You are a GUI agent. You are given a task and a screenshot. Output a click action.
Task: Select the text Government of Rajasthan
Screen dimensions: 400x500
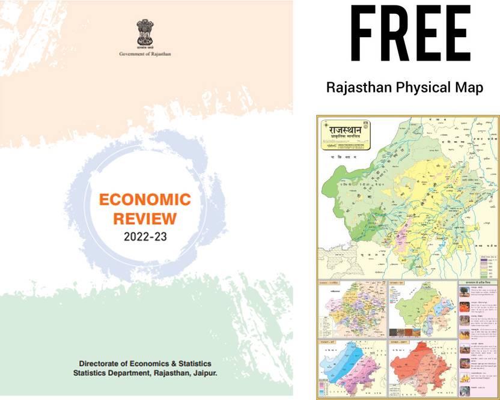tap(145, 54)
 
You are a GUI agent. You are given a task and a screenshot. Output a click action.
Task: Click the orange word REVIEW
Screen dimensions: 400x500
tap(144, 217)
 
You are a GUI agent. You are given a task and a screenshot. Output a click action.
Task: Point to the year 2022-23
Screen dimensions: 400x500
tap(145, 236)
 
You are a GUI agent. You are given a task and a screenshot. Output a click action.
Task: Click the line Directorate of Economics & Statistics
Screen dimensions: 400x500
tap(145, 364)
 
